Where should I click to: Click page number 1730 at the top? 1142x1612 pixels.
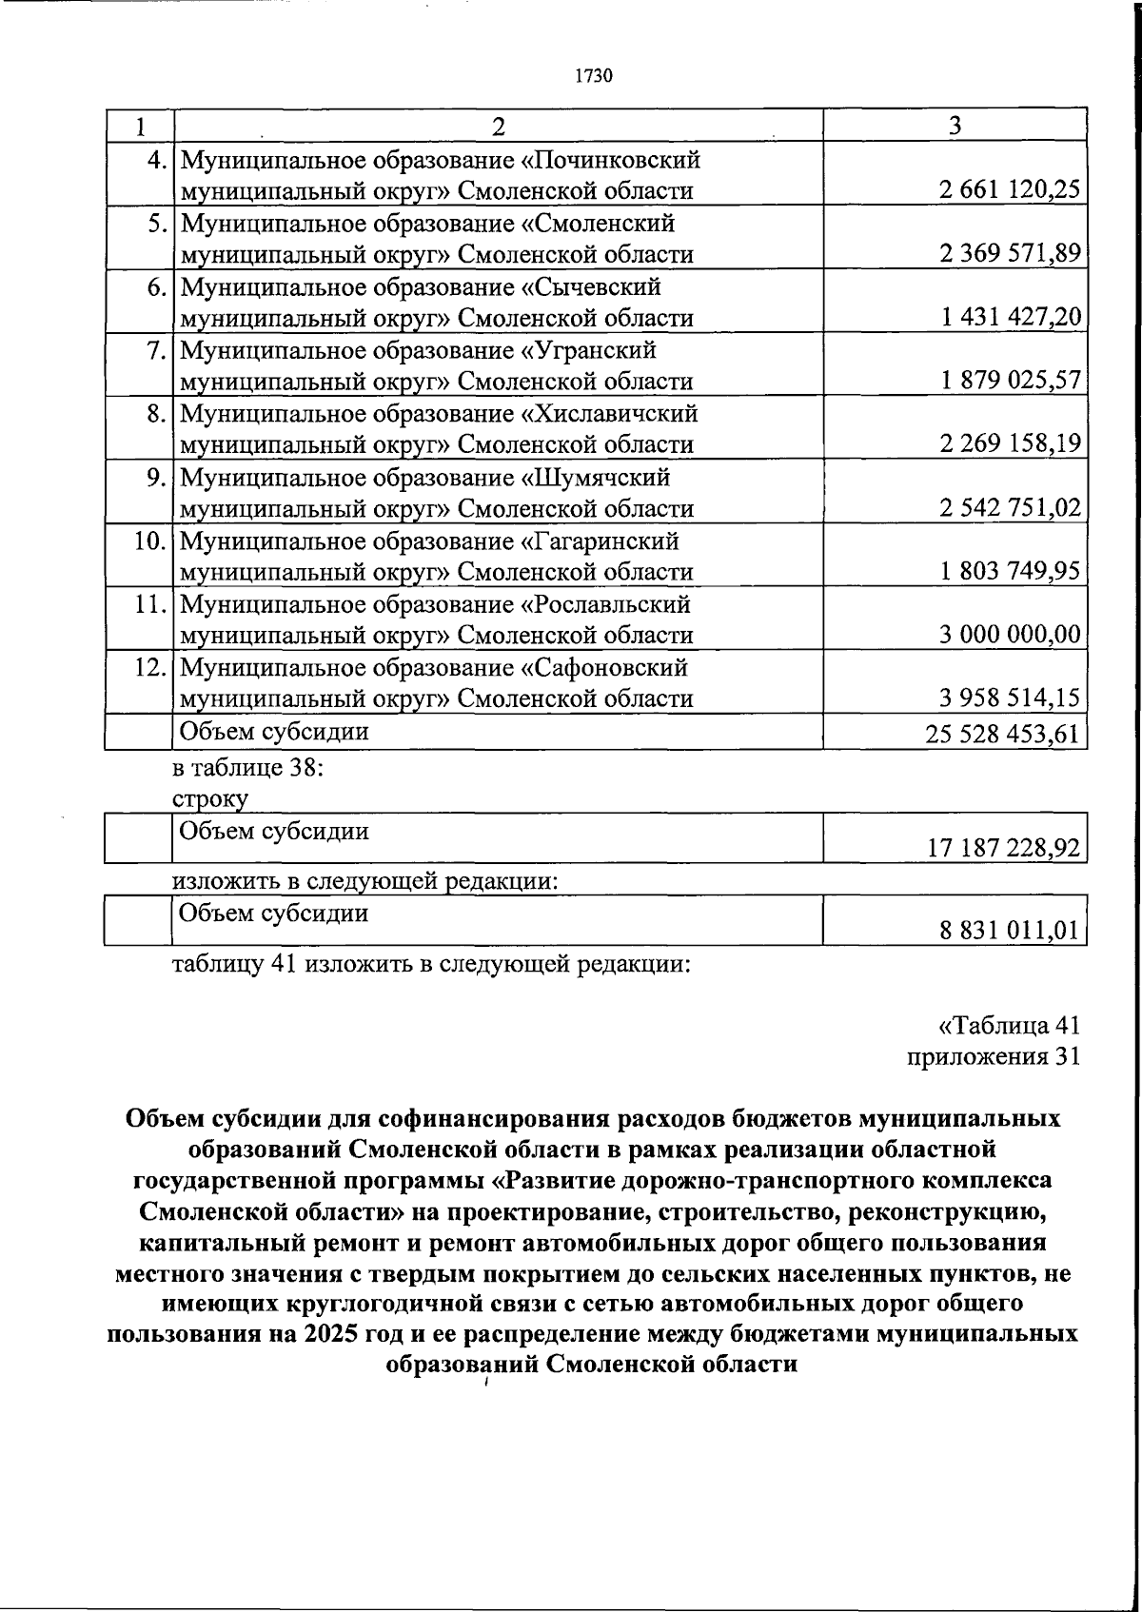coord(593,76)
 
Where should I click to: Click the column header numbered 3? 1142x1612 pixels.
coord(955,126)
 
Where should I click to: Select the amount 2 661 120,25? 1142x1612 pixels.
coord(1009,190)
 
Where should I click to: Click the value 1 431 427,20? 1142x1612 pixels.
coord(1011,318)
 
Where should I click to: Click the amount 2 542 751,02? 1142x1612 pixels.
coord(1009,508)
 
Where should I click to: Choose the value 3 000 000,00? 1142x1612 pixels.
coord(1009,635)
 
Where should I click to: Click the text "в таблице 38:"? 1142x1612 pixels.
coord(248,767)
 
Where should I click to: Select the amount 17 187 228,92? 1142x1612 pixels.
coord(1004,848)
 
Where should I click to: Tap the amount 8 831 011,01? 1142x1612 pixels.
coord(1010,930)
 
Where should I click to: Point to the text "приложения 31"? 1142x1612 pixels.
coord(993,1056)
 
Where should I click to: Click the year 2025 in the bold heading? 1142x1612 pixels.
coord(332,1332)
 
